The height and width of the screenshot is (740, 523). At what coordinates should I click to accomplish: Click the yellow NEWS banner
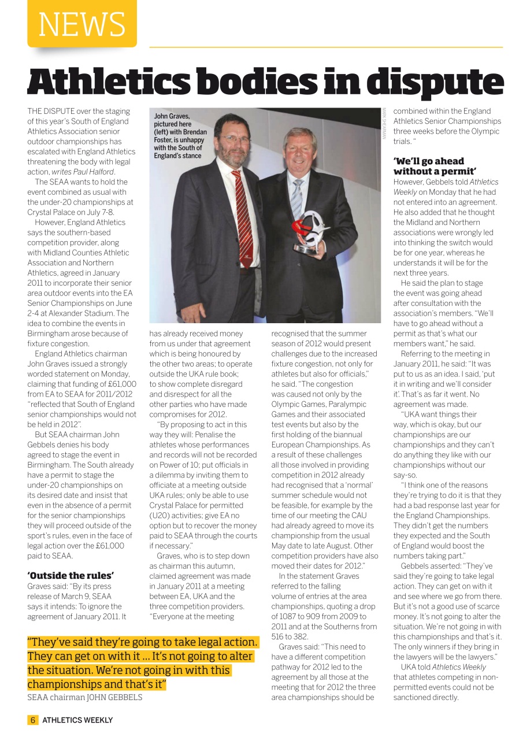point(81,24)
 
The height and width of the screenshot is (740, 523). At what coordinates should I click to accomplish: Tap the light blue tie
point(297,199)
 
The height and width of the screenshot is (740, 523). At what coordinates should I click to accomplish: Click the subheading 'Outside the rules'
point(71,575)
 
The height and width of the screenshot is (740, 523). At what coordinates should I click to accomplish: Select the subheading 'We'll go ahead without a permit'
point(435,166)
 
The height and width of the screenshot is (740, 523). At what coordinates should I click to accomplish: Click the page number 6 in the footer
point(33,720)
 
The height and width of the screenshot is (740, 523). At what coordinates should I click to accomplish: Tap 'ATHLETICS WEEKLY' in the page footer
point(77,720)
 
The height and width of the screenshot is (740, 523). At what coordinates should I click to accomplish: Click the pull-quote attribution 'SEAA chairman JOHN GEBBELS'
point(84,697)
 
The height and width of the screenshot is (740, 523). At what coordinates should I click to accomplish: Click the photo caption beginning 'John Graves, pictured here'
point(180,136)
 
